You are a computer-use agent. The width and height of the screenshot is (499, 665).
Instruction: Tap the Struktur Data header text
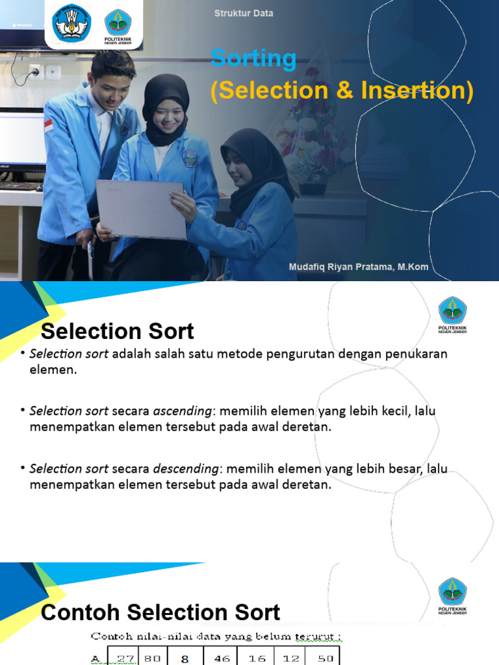point(244,13)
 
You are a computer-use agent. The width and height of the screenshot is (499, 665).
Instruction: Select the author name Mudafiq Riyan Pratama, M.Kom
point(359,268)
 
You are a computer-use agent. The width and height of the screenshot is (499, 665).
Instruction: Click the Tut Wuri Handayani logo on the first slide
point(71,24)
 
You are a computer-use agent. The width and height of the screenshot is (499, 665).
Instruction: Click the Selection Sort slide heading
point(118,332)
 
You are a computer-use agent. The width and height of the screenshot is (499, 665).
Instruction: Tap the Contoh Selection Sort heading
point(160,612)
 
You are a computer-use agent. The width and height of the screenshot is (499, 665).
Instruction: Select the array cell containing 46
point(222,658)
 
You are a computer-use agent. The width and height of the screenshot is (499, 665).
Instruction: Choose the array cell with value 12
point(290,658)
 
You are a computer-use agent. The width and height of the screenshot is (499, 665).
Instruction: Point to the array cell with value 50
point(326,658)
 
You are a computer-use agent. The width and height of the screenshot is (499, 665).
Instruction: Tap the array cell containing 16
point(257,658)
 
